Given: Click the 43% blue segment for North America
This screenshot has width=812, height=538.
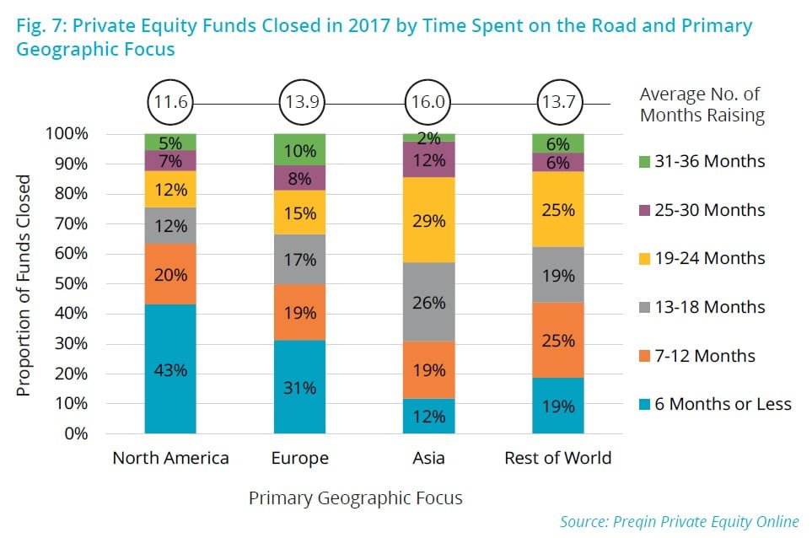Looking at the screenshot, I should (x=170, y=369).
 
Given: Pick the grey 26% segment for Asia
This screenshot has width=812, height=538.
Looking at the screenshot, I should (x=429, y=301).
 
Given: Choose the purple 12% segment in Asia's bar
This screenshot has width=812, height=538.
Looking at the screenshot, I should (x=429, y=159).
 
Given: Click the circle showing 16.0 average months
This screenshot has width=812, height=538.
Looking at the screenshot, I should (x=429, y=104).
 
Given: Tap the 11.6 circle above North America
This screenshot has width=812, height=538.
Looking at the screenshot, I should (x=170, y=104).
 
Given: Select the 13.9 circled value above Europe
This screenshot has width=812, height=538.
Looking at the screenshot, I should (x=300, y=104).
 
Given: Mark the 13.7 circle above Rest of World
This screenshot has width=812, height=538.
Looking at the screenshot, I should (x=558, y=104).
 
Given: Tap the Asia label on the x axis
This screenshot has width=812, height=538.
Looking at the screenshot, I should (x=429, y=459).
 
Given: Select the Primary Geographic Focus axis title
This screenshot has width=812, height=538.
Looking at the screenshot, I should (x=355, y=498).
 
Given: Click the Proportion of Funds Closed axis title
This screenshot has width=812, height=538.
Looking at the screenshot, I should (x=24, y=285).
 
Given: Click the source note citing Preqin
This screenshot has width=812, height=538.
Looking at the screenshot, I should (x=679, y=520).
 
